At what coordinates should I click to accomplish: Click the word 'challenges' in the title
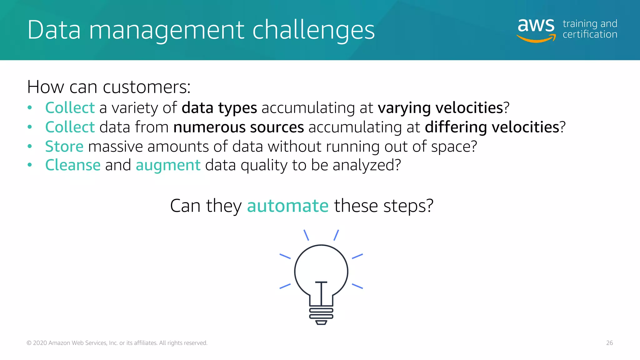coord(313,30)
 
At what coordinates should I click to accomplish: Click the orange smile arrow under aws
coord(536,39)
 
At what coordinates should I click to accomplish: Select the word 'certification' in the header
coord(590,34)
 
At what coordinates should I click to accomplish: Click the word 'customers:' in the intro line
coord(147,87)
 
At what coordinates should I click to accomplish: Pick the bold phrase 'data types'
coord(219,108)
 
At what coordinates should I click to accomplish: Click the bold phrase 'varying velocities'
coord(440,108)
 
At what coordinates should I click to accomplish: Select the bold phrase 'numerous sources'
coord(238,127)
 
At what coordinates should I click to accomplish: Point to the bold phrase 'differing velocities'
coord(492,127)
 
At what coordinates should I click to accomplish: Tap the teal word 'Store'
coord(64,147)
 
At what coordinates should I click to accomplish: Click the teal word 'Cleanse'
coord(73,165)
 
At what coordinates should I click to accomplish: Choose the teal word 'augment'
coord(168,166)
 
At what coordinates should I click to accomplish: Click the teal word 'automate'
coord(287,206)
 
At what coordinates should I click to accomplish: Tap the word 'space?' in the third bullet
coord(454,147)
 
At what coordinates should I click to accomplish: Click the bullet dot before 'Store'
coord(30,146)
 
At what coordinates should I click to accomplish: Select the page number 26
coord(609,343)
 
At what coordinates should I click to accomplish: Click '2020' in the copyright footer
coord(40,343)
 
